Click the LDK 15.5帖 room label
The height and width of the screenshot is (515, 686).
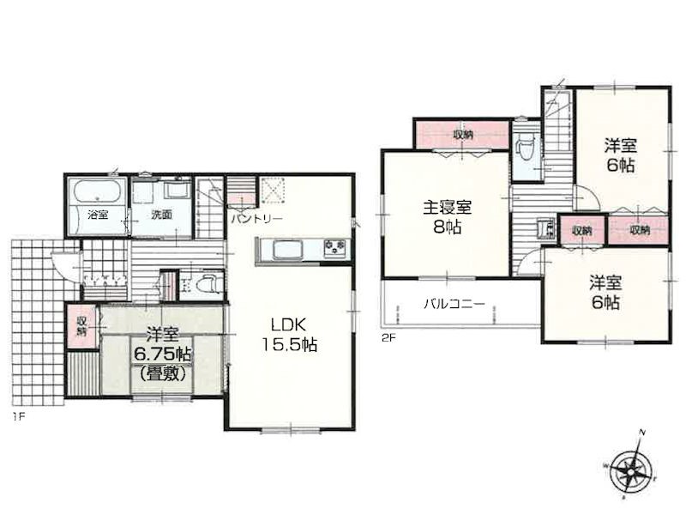(289, 335)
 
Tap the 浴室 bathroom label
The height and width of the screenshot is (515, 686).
(98, 215)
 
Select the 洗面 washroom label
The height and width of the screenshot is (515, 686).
(161, 215)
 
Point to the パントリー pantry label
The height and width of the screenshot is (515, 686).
(257, 218)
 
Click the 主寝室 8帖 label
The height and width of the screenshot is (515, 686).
(447, 217)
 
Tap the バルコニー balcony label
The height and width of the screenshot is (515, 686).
(454, 304)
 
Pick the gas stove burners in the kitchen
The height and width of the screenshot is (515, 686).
(334, 247)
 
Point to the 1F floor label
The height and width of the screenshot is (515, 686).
(19, 416)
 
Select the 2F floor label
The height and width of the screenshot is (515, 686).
(388, 338)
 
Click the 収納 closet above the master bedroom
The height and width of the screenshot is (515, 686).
(462, 134)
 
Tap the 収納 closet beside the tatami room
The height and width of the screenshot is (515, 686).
(82, 326)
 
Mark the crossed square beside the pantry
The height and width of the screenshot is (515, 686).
(274, 191)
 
